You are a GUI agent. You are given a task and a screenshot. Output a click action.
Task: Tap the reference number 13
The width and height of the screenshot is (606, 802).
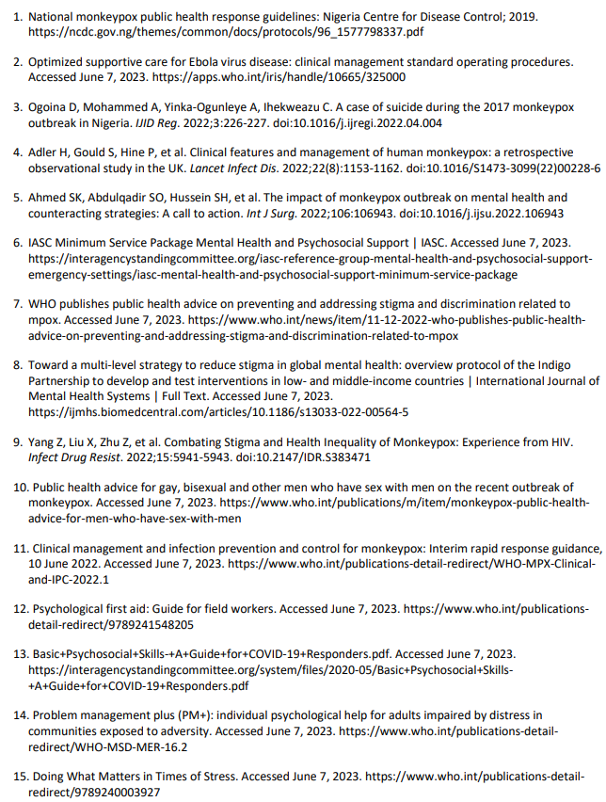point(19,654)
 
